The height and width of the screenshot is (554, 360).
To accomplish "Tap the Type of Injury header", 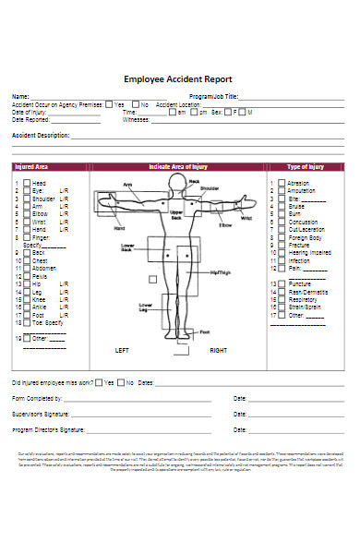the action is (x=306, y=167).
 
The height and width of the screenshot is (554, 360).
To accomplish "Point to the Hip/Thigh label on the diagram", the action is (x=222, y=273).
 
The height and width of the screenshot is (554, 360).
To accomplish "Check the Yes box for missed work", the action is (x=98, y=381).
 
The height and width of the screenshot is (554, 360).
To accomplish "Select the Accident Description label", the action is (x=40, y=135).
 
